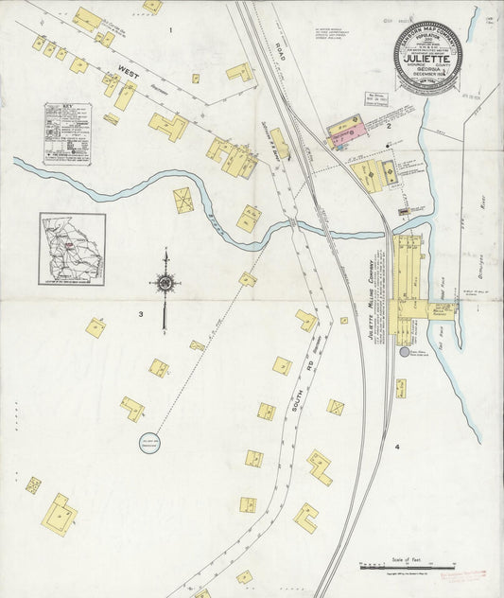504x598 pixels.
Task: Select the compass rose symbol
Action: pos(165,283)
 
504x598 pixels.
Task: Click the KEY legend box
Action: pos(67,134)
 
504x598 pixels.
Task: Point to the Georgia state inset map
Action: pos(72,248)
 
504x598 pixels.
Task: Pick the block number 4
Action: pos(397,446)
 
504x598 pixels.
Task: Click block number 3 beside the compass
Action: pos(140,313)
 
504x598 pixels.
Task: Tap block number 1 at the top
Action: pos(170,30)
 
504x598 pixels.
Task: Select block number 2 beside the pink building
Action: pos(388,125)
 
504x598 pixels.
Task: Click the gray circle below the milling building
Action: pos(405,352)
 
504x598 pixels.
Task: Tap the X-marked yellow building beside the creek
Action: pos(183,200)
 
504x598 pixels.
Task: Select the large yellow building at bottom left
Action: pos(60,514)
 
